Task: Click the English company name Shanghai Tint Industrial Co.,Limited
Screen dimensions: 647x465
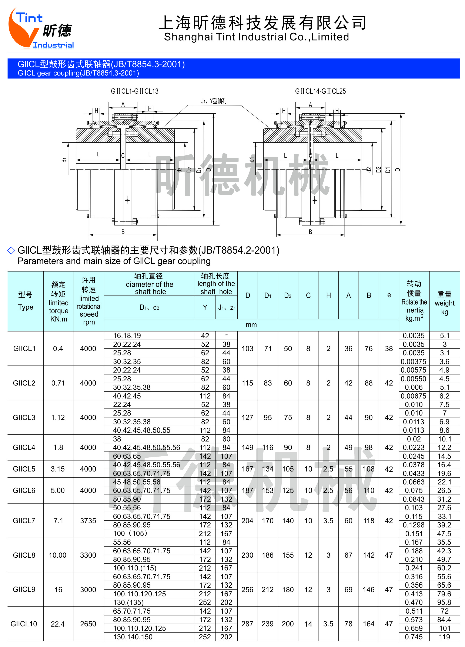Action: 256,37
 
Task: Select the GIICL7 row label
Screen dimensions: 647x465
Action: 24,521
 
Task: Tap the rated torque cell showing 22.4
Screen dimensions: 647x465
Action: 58,624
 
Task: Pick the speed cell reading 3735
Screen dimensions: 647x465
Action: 88,521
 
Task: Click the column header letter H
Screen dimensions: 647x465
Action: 328,296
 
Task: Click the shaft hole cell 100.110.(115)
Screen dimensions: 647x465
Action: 135,568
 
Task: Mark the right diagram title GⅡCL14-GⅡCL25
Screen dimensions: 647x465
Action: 320,91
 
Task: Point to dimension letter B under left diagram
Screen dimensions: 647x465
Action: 123,232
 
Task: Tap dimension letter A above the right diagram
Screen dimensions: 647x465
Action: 310,105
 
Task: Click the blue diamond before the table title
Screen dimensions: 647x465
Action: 11,250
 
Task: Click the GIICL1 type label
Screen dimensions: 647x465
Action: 24,348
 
